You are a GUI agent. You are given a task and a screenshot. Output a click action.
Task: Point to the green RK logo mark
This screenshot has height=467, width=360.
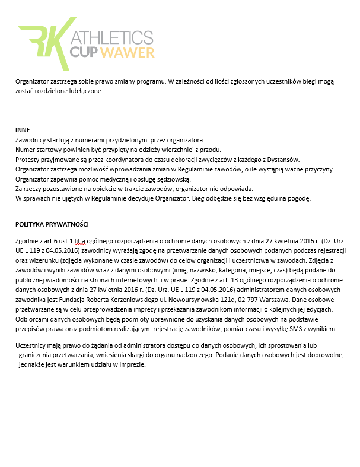[x=43, y=44]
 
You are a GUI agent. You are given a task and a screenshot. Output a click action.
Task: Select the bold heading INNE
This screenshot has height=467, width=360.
[x=23, y=130]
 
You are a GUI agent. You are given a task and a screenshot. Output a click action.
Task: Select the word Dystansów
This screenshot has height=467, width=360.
[x=282, y=159]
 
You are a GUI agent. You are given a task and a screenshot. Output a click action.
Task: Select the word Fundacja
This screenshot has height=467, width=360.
[x=91, y=299]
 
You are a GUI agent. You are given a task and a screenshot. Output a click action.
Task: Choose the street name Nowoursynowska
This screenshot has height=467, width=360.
[x=215, y=299]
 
